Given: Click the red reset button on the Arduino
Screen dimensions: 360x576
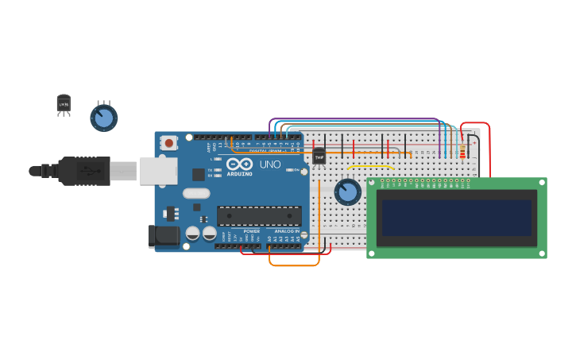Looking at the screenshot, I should tap(168, 143).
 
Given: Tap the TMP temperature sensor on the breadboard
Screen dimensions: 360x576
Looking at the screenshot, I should tap(319, 156).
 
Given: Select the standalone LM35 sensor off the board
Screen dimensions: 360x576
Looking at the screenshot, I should tap(64, 103).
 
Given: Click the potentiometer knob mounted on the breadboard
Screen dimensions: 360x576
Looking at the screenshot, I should tap(347, 192).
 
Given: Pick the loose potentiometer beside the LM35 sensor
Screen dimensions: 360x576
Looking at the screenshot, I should tap(103, 118).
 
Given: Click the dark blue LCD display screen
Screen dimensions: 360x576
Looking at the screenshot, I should tap(456, 218).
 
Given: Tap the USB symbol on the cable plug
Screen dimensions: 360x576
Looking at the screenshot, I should tap(84, 171).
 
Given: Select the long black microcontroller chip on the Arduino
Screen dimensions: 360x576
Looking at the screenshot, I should tap(259, 215).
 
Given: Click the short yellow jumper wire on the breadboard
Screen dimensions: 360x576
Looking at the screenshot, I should tap(370, 166).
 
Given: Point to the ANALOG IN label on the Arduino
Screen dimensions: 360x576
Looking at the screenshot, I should tap(287, 231).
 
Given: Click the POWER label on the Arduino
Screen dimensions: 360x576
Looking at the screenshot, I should tap(251, 231).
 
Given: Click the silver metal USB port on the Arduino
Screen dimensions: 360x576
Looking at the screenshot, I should tap(158, 171).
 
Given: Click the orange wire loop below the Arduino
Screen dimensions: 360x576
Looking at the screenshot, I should tap(294, 264).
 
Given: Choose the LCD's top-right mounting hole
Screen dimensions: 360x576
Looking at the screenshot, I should tap(543, 183).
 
